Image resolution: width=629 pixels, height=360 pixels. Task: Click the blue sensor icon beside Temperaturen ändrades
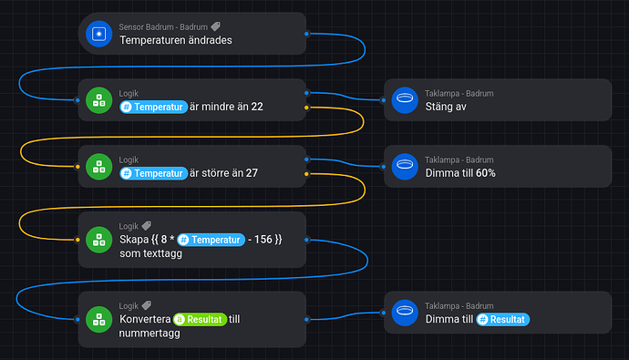tap(98, 34)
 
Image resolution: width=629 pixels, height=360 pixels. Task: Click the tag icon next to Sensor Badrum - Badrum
tap(215, 27)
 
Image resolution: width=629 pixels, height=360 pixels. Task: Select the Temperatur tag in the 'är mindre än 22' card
tap(153, 107)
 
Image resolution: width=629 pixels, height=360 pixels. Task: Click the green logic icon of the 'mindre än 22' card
tap(98, 100)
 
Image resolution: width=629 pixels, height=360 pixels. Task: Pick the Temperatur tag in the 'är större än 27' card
tap(153, 172)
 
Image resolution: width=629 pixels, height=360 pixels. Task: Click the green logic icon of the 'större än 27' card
tap(98, 166)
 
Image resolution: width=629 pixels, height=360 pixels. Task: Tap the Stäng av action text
tap(446, 107)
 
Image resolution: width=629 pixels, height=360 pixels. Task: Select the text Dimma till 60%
tap(460, 172)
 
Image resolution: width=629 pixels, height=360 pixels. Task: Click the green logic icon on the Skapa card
tap(98, 240)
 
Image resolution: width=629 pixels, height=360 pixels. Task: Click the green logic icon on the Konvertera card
tap(98, 318)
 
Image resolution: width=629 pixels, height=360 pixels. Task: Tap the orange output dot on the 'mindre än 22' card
tap(306, 108)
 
